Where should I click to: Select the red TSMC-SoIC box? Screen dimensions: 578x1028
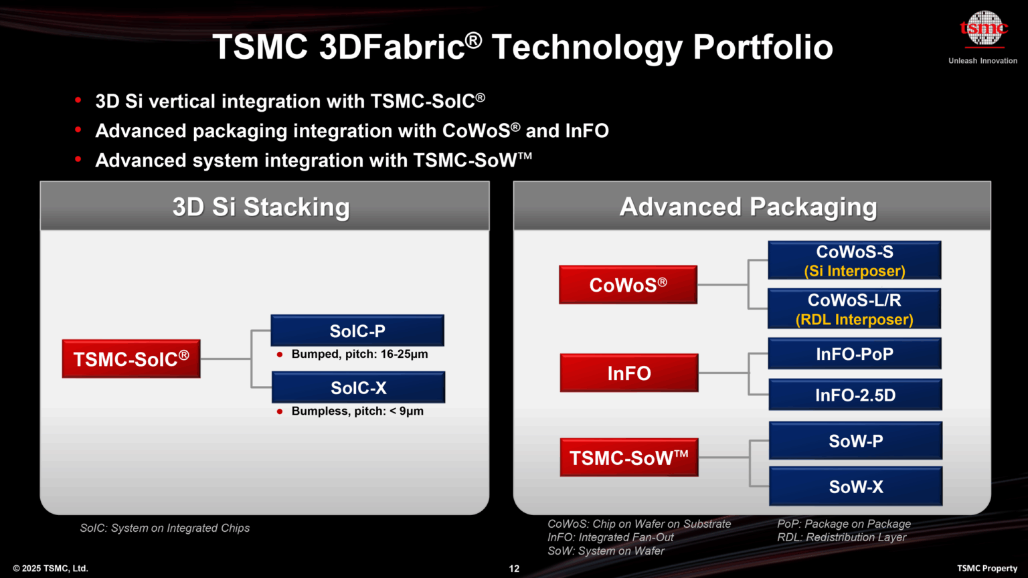(x=131, y=359)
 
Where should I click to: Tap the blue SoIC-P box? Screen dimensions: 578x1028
(x=357, y=330)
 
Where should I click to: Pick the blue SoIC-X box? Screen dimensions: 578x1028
(x=358, y=387)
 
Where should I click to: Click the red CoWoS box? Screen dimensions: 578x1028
(x=628, y=285)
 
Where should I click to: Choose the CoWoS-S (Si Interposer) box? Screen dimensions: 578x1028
(x=854, y=260)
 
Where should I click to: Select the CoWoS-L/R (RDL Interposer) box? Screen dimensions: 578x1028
(x=854, y=308)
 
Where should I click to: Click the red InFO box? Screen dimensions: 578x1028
(x=628, y=373)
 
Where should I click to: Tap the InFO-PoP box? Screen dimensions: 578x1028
(x=854, y=354)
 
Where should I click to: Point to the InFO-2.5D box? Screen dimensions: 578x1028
(x=855, y=395)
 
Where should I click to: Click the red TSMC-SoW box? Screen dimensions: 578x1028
(x=628, y=458)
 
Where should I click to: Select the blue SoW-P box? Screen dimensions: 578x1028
(x=855, y=441)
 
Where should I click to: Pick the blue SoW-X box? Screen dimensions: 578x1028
(x=855, y=486)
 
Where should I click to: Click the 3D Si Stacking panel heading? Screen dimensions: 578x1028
(x=261, y=207)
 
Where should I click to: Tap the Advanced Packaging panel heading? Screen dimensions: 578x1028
(x=748, y=207)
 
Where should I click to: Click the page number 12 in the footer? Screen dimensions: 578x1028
(x=514, y=569)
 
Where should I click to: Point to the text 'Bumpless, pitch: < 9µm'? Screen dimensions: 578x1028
(x=357, y=411)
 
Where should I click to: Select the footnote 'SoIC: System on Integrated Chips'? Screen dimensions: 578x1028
(x=165, y=528)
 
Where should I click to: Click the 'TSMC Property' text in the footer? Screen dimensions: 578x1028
(x=987, y=569)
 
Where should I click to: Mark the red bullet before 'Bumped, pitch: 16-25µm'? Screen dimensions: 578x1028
(x=280, y=355)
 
